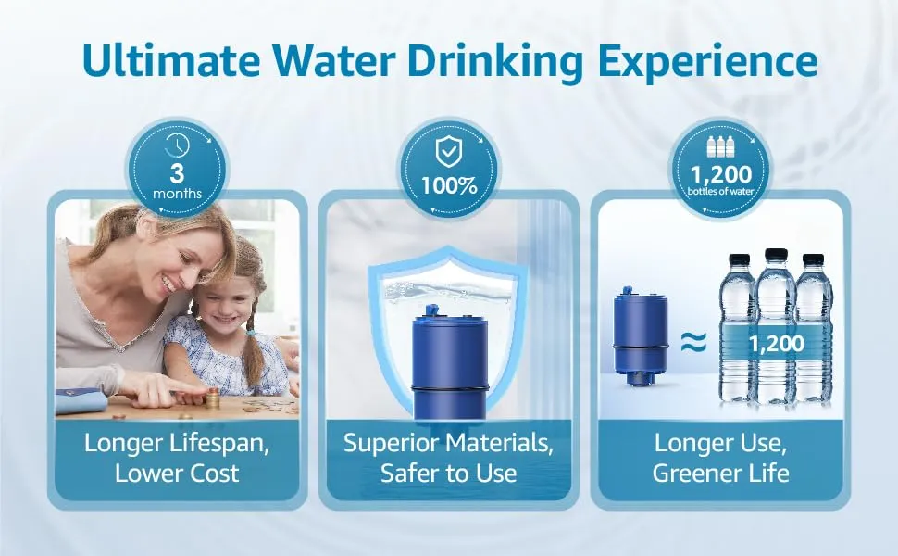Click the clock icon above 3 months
177,145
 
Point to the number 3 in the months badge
177,173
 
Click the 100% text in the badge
449,185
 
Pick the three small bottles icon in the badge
721,146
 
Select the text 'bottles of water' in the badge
721,191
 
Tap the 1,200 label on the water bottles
776,344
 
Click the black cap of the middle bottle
776,256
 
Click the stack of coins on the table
213,398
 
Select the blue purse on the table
81,399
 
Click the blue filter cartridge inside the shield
449,364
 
